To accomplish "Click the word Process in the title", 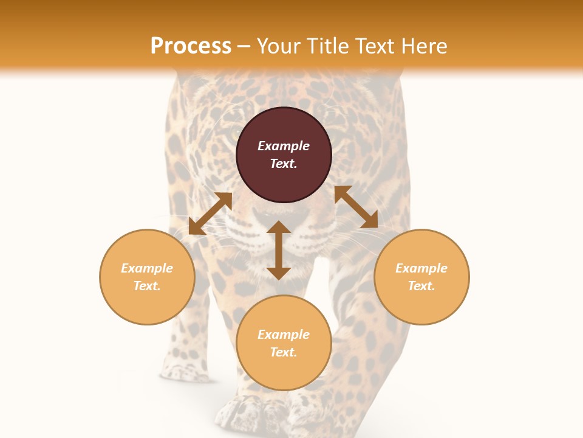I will click(191, 46).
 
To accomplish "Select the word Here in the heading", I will click(424, 46).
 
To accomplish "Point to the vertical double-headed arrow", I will click(279, 250).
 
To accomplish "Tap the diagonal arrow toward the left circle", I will click(210, 214).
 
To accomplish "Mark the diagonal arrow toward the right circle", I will click(356, 207).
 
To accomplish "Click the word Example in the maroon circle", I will click(284, 146).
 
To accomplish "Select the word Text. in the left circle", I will click(147, 286).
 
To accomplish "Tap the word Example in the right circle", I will click(421, 268).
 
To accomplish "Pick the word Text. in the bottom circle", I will click(284, 352).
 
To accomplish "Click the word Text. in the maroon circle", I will click(284, 164).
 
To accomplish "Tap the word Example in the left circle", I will click(147, 268).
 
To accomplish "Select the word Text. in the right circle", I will click(421, 286).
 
